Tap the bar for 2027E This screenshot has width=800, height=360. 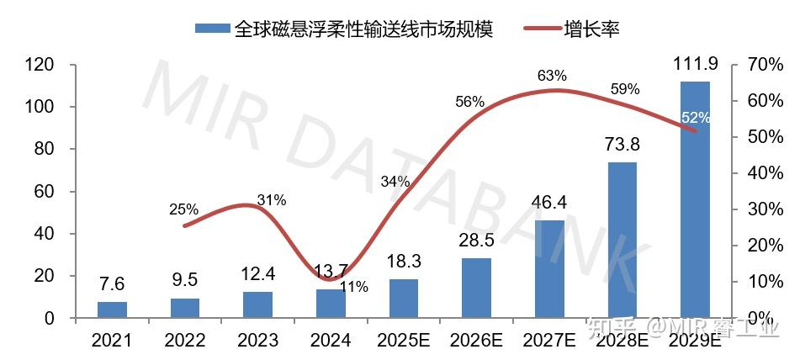[x=549, y=269]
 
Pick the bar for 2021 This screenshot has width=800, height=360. [x=112, y=310]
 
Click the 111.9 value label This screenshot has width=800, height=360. [x=695, y=65]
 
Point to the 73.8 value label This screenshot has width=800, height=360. [x=623, y=146]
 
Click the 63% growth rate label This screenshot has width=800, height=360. [x=552, y=77]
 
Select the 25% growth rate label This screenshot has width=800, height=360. [x=183, y=209]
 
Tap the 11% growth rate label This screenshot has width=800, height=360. [x=354, y=286]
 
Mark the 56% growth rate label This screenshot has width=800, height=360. [x=469, y=102]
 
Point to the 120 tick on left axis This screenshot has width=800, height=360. [x=40, y=65]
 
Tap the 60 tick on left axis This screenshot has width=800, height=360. [x=44, y=192]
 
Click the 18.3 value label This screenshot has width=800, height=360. [x=404, y=262]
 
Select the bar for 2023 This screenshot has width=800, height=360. [x=257, y=304]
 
